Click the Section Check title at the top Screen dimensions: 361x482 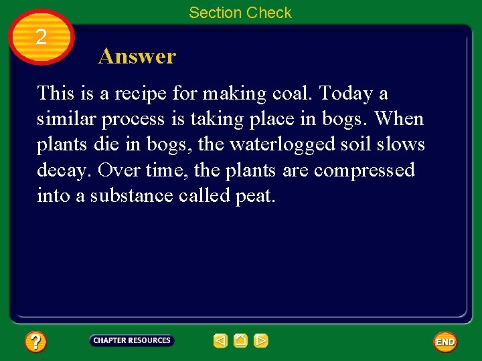pos(240,13)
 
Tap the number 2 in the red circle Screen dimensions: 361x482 pos(41,37)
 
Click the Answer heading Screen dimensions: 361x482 pos(137,56)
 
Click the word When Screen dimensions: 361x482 pos(399,119)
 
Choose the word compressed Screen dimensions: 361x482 pos(364,171)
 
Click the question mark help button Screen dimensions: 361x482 pos(35,342)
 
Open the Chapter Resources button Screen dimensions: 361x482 pos(132,340)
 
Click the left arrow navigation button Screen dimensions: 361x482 pos(220,341)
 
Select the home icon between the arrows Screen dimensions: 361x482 pos(240,341)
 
